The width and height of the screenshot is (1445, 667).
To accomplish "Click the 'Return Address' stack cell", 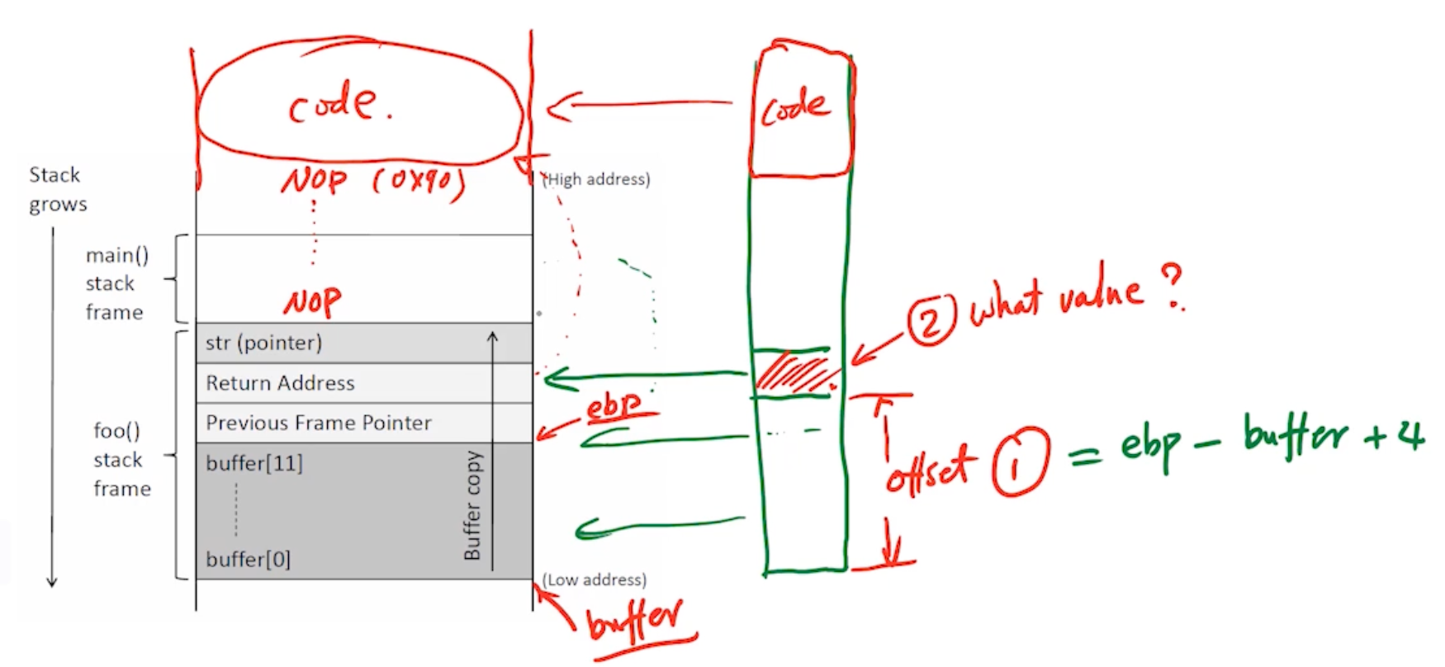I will click(x=280, y=383).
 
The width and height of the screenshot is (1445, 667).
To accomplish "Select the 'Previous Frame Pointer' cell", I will click(x=318, y=423).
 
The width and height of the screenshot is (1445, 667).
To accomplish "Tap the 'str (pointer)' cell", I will click(x=263, y=343).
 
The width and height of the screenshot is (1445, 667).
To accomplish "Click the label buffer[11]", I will click(x=254, y=463).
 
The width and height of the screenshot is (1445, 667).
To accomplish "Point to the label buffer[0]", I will click(x=248, y=560).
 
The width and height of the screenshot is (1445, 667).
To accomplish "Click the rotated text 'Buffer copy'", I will click(x=472, y=505).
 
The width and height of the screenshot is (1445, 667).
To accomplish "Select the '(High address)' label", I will click(x=596, y=179).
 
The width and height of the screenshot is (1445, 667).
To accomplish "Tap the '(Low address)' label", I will click(x=595, y=579).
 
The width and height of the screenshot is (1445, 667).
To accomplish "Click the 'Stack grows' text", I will click(x=57, y=189).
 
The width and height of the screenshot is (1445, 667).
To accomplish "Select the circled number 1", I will click(x=1020, y=461).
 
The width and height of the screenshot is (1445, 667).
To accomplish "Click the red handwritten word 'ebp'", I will click(x=613, y=406).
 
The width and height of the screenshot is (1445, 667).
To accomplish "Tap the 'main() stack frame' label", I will click(x=116, y=283).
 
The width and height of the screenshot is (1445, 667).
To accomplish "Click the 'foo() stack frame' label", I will click(x=121, y=459).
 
